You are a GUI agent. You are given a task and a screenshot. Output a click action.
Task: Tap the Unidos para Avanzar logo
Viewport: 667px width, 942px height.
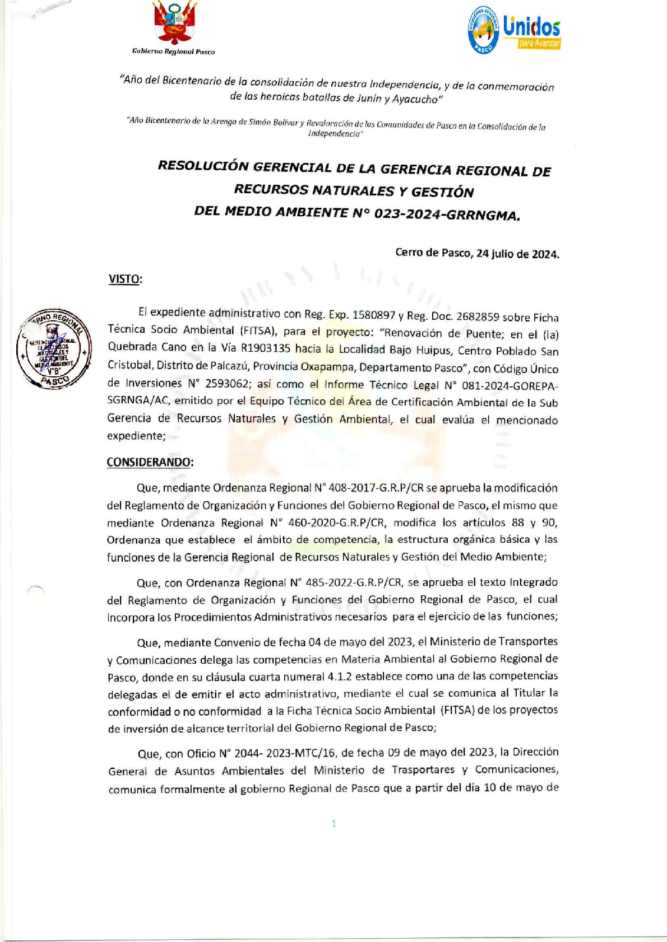[514, 30]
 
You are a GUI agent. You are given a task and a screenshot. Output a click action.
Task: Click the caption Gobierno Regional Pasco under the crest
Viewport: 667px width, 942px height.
[173, 52]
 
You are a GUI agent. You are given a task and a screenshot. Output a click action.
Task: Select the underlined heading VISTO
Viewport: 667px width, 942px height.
[124, 279]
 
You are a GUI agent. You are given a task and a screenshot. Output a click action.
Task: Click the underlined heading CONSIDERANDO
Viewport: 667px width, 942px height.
[150, 462]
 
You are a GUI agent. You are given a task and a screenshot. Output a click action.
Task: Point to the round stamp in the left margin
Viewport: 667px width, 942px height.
[53, 349]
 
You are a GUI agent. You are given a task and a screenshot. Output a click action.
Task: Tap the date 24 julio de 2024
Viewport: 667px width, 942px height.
[517, 254]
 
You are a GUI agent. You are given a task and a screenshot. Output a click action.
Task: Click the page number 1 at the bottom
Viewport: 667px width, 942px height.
[334, 823]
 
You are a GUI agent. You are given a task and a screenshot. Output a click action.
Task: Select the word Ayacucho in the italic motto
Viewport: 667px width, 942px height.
[415, 100]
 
